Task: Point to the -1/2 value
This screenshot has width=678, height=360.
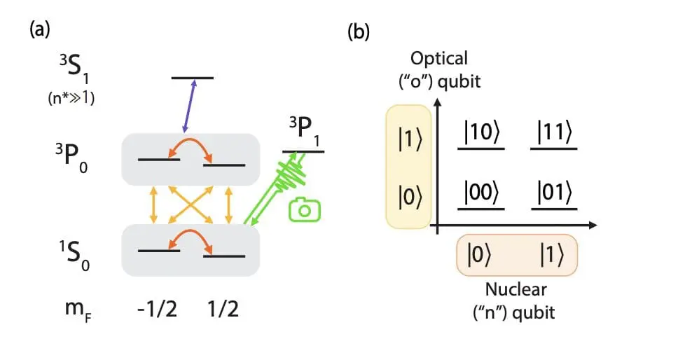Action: click(158, 309)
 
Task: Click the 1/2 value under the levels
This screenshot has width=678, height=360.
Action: click(223, 309)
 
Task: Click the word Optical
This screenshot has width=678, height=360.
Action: click(439, 57)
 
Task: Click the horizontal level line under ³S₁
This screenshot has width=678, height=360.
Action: click(193, 77)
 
